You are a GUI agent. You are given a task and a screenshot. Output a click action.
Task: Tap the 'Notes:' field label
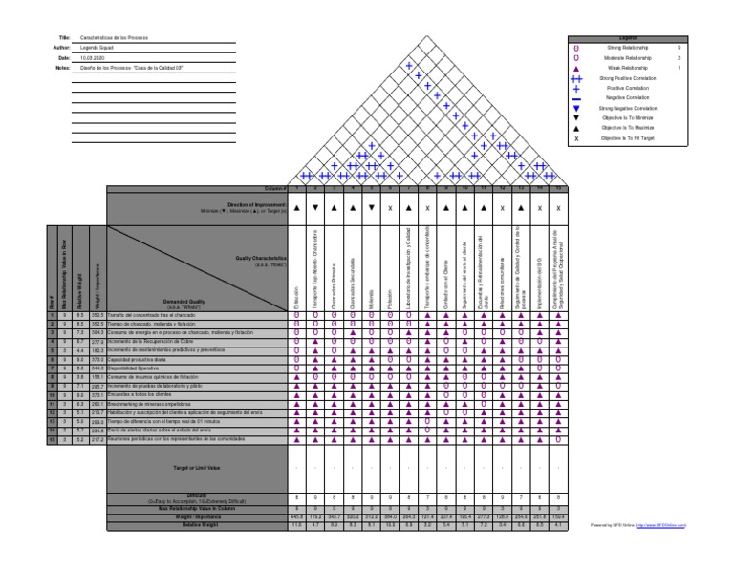(64, 68)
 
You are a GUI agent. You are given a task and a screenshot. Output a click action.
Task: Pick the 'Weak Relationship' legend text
(628, 68)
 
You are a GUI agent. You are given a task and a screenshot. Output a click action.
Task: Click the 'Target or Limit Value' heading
(196, 468)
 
